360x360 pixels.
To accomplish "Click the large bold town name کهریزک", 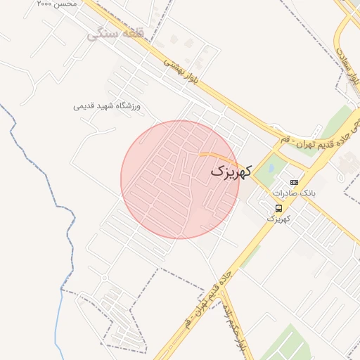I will (230, 171).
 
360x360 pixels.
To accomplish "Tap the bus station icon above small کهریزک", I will (279, 208).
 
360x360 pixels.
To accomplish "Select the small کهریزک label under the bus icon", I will (278, 219).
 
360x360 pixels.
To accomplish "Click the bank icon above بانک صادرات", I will (294, 182).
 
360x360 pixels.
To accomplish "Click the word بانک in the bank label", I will (309, 193).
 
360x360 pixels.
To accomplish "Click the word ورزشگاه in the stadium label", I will (128, 106).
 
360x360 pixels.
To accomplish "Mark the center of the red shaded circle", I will (180, 180).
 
